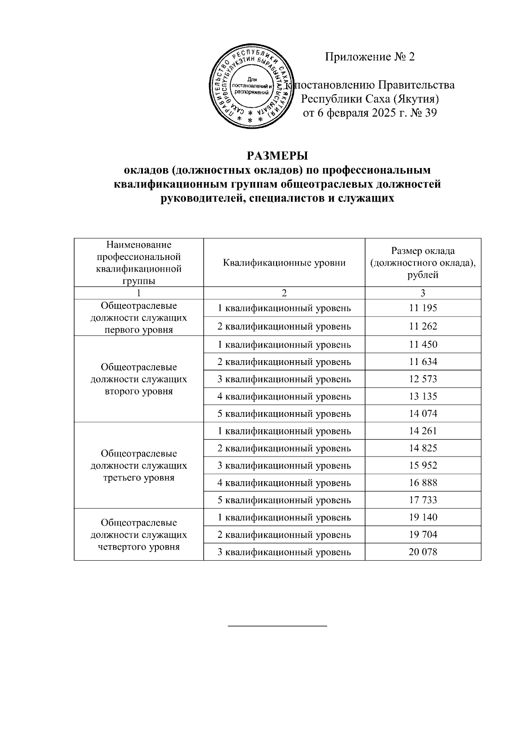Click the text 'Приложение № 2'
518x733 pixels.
[370, 57]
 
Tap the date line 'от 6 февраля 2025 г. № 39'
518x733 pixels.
[370, 113]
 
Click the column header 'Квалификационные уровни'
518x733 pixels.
[284, 263]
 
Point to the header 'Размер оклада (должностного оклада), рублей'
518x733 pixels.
[423, 263]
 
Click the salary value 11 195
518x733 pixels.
[423, 308]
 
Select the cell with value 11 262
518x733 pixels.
[423, 326]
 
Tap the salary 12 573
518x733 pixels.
[423, 379]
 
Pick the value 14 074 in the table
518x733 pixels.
[423, 413]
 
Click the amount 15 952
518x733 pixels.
[423, 465]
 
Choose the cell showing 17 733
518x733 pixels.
[423, 500]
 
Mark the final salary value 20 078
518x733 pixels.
[423, 552]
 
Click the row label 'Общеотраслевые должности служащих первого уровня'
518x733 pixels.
[139, 318]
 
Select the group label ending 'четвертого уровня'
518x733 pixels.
[139, 535]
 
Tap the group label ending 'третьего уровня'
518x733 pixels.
[139, 466]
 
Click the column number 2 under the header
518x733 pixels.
[284, 293]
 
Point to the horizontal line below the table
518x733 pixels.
[277, 625]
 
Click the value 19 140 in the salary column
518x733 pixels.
[423, 517]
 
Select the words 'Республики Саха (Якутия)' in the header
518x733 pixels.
[370, 99]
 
